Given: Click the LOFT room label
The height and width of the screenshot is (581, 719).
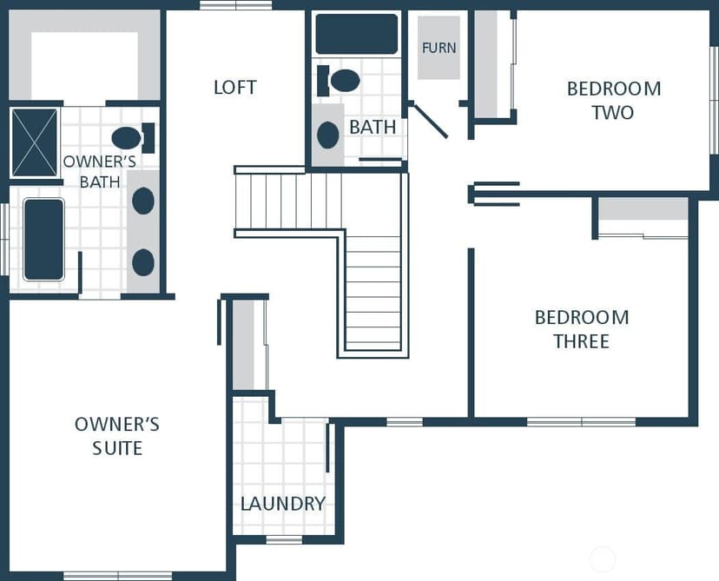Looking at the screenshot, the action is point(235,87).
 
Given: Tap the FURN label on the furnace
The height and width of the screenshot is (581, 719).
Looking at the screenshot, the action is point(439,48).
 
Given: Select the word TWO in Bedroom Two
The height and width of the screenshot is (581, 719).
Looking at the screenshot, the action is point(612,112).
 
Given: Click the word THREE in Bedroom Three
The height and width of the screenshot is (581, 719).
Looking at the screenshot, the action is point(582,341).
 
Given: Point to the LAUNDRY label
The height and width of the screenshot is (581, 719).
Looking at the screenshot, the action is point(283,504).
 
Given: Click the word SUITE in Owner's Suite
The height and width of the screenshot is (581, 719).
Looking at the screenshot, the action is point(117,447).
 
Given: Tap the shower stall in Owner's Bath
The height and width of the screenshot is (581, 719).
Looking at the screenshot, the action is point(35,142).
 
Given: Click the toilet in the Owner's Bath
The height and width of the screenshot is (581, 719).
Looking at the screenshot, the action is point(133,137).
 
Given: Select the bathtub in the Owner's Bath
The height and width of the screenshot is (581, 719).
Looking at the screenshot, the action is point(43,239).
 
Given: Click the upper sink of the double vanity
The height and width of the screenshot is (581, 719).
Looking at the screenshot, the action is point(143,201).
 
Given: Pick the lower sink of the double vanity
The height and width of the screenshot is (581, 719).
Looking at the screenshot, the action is point(143,262).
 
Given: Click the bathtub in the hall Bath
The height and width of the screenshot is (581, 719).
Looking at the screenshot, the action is point(357,34).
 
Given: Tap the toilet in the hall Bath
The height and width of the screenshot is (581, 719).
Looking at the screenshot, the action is point(339,81).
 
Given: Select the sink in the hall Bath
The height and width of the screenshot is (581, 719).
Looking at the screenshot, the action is point(328,135).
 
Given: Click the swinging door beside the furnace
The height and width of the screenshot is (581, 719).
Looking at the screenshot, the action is point(430,121).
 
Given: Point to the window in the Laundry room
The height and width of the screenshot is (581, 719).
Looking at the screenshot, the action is point(284,539).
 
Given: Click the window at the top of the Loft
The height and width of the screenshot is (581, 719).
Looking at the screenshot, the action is point(236,5).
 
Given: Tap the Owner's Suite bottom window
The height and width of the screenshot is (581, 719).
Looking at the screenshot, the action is point(118,576).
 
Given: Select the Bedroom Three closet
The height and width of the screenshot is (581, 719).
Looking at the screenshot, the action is point(643,218).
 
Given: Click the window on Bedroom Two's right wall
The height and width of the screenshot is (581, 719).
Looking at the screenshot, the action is point(715,100).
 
